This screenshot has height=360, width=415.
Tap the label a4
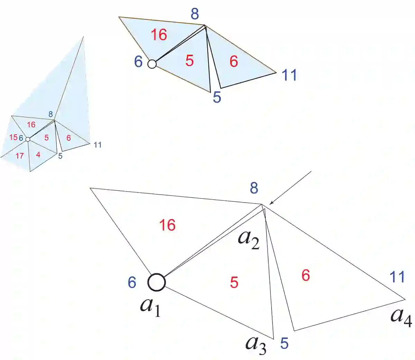coord(401,317)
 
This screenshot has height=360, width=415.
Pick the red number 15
coord(13,137)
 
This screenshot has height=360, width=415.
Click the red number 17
coord(20,156)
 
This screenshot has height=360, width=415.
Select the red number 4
coord(38,155)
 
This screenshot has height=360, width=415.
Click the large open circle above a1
coord(157,282)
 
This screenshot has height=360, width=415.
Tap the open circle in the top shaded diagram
coord(152,64)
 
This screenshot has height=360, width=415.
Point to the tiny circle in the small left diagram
coord(28,139)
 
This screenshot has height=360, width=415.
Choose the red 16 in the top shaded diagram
coord(159,35)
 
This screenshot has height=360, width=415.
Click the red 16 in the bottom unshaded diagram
coord(167,225)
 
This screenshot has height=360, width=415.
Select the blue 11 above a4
coord(397,277)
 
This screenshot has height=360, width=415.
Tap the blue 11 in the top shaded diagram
coord(289,75)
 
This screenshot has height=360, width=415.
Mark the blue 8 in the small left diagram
coord(50,114)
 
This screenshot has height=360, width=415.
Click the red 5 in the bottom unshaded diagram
coord(234,283)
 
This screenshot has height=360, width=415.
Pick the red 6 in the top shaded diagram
coord(234,62)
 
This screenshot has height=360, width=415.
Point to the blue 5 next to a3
coord(284,343)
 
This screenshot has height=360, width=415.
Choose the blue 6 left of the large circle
coord(132,283)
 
